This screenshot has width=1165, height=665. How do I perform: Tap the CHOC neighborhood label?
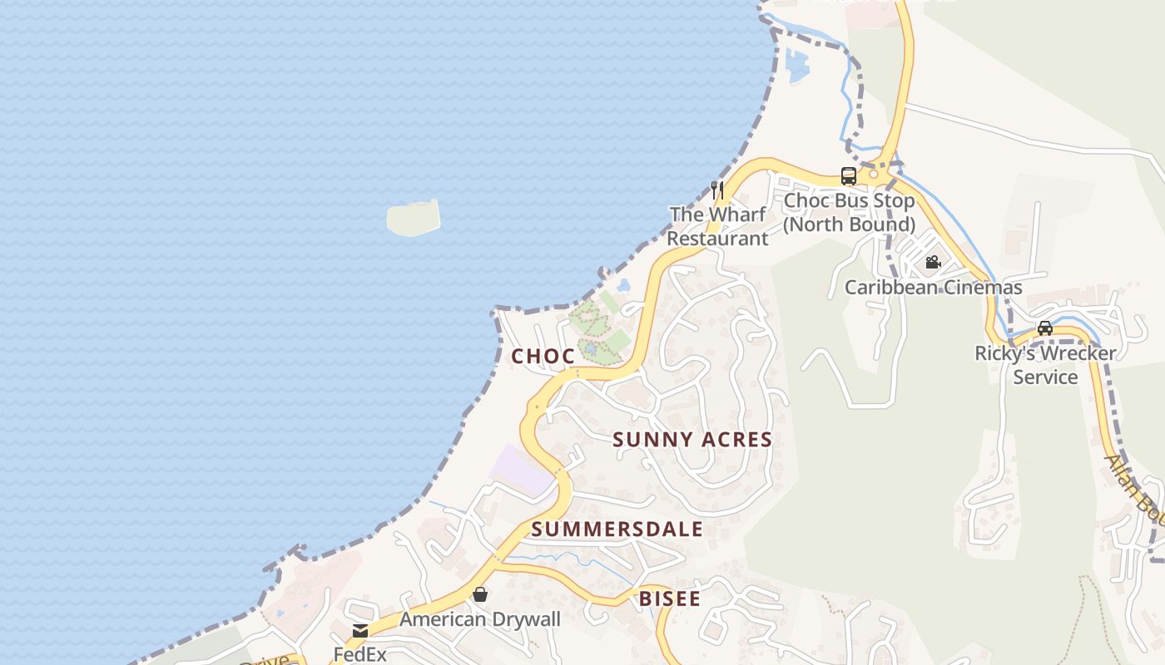point(543,357)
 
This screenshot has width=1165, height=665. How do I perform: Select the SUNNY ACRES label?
point(692,440)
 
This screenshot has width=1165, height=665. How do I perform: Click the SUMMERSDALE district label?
point(617,530)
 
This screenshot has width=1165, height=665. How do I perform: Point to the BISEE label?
point(669,598)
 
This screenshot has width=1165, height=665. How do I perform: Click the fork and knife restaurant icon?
point(716,190)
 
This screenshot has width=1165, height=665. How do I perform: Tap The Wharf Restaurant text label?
point(717,226)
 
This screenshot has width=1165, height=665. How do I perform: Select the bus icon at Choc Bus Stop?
point(848,176)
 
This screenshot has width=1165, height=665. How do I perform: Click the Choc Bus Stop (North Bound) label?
point(849,213)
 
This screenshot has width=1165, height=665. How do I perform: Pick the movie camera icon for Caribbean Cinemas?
point(933,263)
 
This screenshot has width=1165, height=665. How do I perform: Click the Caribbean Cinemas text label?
point(933,288)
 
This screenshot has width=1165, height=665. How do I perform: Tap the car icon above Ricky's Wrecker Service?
point(1045,328)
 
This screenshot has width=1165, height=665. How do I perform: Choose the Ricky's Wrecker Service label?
point(1045,365)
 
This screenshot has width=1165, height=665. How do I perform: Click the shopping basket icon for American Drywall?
point(480,594)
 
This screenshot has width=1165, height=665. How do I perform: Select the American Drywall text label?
point(480,619)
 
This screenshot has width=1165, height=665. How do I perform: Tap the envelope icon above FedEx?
point(360,631)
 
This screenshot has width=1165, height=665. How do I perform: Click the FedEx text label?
point(360,654)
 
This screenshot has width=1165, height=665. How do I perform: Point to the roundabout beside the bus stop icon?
point(874,175)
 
